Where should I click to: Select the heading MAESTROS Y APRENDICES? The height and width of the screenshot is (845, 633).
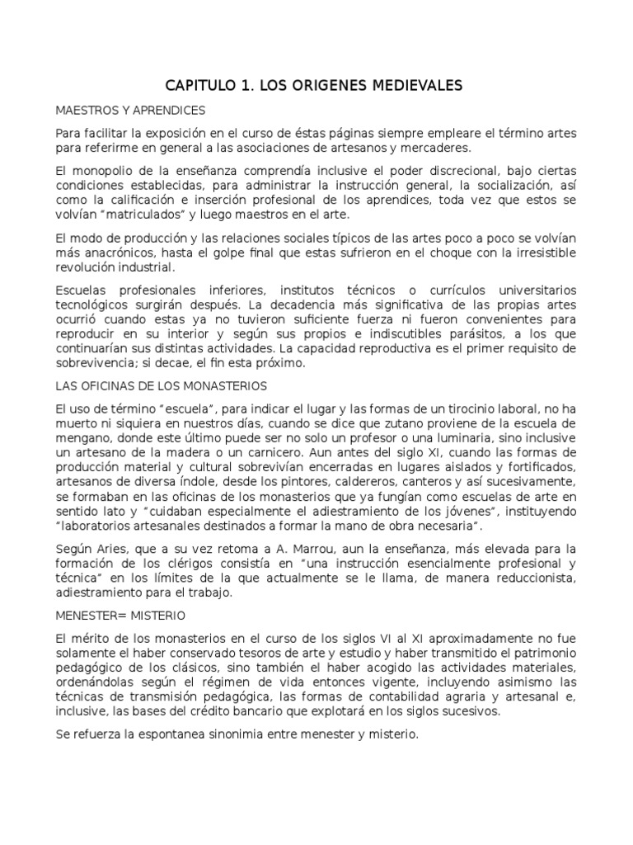[x=130, y=110]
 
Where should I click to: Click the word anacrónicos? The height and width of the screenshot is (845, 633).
[x=116, y=252]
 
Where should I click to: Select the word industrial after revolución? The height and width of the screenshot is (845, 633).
[x=144, y=267]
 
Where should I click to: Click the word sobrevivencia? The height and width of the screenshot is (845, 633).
[x=97, y=363]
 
